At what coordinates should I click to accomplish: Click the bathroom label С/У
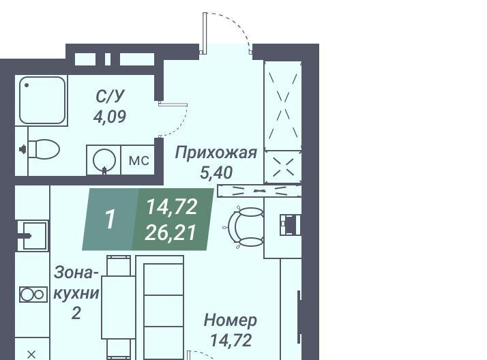[x=109, y=97]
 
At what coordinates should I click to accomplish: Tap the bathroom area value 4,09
[x=110, y=117]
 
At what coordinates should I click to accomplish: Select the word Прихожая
[x=216, y=153]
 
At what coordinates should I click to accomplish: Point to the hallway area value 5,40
[x=216, y=173]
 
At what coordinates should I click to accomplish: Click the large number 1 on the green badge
[x=110, y=220]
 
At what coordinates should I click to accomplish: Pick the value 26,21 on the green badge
[x=171, y=232]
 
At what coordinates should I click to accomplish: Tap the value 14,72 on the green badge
[x=172, y=207]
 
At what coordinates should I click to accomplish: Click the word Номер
[x=230, y=320]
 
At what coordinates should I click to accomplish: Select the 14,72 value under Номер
[x=231, y=340]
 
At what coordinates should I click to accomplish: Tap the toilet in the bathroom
[x=44, y=149]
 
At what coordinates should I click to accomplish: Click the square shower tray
[x=42, y=100]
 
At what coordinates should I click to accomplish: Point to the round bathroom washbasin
[x=104, y=160]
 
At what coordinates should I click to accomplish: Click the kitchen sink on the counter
[x=35, y=235]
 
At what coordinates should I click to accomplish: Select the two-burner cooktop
[x=33, y=295]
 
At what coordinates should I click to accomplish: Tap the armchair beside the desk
[x=246, y=227]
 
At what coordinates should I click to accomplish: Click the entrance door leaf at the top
[x=205, y=31]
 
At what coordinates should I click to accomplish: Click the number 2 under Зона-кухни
[x=76, y=313]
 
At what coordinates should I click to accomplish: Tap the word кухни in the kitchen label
[x=76, y=293]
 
